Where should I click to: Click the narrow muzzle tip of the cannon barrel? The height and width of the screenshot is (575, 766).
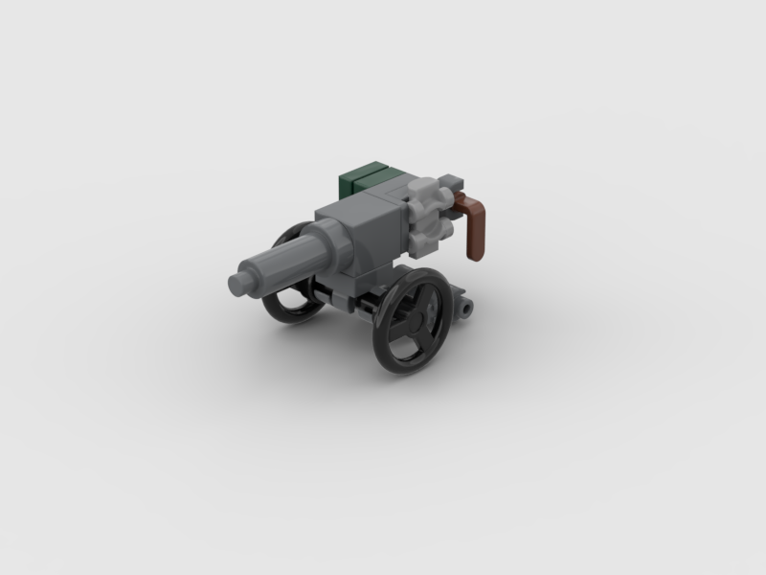coord(239,284)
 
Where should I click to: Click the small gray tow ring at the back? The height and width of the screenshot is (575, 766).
coord(466,309)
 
